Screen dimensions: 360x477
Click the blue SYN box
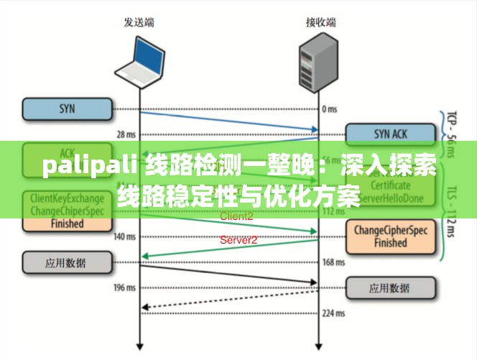tap(68, 109)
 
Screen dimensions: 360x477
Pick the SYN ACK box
tap(391, 134)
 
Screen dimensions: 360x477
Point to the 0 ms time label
tap(329, 109)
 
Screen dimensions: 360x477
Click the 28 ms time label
tap(125, 134)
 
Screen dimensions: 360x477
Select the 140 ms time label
tap(125, 236)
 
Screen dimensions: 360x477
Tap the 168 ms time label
tap(333, 262)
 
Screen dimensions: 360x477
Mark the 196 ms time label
tap(125, 288)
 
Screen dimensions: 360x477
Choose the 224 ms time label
tap(333, 313)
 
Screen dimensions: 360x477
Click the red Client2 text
tap(236, 216)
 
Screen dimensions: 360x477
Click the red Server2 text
tap(239, 240)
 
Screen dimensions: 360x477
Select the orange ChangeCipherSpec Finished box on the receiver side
tap(391, 236)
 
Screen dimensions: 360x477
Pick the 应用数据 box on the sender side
tap(68, 263)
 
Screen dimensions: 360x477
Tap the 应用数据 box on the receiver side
tap(391, 288)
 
